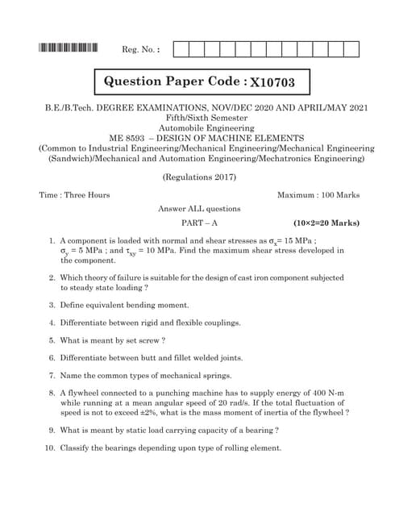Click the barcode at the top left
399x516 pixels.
[x=68, y=48]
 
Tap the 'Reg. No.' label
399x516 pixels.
[x=140, y=50]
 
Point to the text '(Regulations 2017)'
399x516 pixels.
[x=199, y=177]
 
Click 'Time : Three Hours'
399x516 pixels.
[x=75, y=195]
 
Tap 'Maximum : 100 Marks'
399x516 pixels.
[x=318, y=195]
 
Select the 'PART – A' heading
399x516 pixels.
[x=199, y=223]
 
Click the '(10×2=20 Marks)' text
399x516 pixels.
[x=326, y=223]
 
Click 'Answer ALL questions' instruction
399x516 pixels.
[x=199, y=209]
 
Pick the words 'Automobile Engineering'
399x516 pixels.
[x=199, y=127]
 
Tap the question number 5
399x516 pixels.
[x=52, y=339]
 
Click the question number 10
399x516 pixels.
[x=50, y=447]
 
